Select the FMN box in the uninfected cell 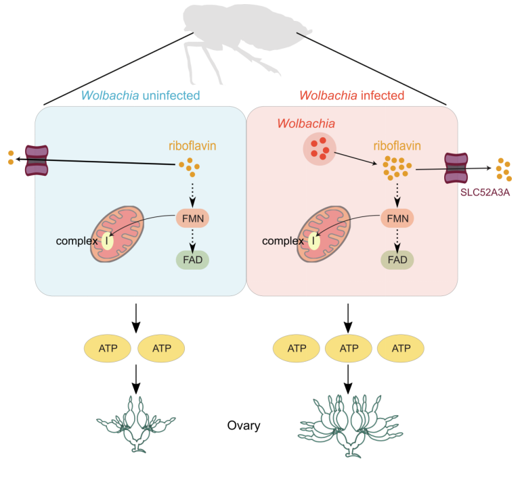[x=193, y=218]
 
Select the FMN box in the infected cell [x=397, y=218]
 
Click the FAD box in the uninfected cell [x=193, y=260]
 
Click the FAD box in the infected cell [x=397, y=260]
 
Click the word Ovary [x=244, y=426]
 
